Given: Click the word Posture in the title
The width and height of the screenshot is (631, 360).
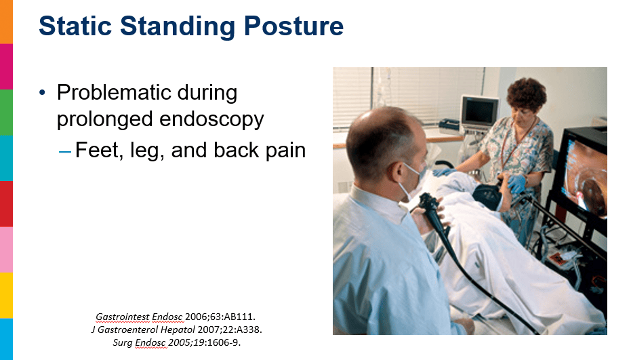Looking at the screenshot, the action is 293,27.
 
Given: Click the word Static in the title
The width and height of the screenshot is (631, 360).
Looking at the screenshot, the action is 75,26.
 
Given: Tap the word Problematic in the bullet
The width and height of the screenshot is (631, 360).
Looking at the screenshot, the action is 113,92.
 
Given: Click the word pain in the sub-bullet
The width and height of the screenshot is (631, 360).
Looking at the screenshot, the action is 284,151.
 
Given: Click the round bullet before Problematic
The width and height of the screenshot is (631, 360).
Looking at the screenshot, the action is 43,93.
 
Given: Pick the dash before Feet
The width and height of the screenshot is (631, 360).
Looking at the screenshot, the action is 65,152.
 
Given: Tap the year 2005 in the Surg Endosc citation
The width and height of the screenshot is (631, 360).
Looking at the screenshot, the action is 177,342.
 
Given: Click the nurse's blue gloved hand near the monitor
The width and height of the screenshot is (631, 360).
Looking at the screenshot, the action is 516,183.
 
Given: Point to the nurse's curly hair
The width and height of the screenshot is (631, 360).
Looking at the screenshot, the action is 527,94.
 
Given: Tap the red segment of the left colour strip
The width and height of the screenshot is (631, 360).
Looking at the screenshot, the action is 6,204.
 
